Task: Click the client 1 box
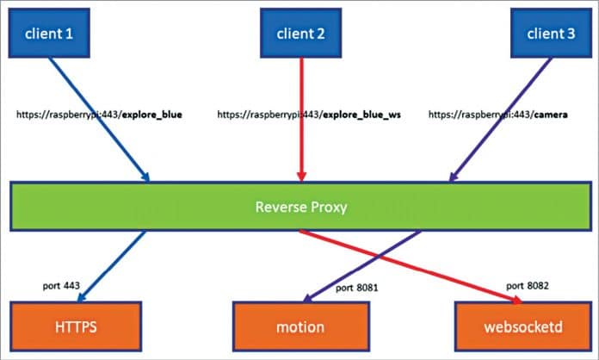coord(49,34)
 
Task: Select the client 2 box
coord(300,34)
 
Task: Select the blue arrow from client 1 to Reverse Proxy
coord(99,120)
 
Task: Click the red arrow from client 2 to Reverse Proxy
coord(300,129)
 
